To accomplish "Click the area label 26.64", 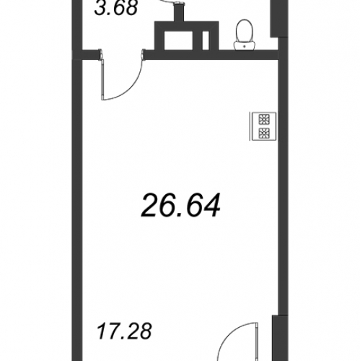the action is click(180, 206).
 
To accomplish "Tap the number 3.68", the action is click(116, 9).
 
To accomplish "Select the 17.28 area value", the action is click(124, 331).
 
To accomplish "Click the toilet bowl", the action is click(245, 30).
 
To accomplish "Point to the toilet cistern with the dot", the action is click(245, 45).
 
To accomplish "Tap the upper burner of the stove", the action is click(264, 119).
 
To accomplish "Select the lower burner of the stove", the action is click(264, 134).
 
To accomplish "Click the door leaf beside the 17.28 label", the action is click(257, 342).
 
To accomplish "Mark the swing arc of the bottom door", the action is click(229, 337).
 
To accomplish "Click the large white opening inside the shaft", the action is click(179, 40).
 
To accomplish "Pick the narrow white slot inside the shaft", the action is click(206, 40).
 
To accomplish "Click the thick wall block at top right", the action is click(279, 19).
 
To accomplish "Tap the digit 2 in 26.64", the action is click(150, 206).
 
